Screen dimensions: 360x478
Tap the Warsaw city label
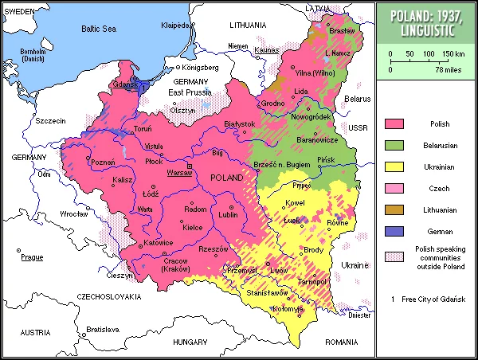point(179,172)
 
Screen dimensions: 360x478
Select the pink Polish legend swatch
point(394,124)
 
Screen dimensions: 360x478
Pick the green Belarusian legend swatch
point(394,146)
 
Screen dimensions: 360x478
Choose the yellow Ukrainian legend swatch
point(394,167)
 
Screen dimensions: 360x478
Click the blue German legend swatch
point(394,231)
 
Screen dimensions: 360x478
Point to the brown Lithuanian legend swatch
point(394,209)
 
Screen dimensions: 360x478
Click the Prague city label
point(32,257)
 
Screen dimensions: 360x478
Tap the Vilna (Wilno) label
point(315,72)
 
